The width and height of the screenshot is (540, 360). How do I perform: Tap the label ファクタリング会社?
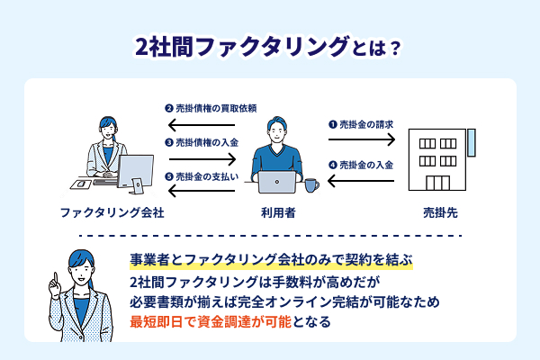click(x=112, y=213)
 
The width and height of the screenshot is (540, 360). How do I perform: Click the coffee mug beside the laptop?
click(x=310, y=184)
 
